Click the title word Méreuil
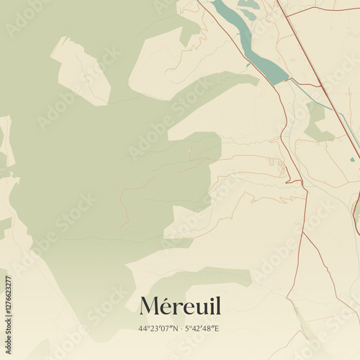pos(180,306)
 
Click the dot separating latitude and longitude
pos(180,329)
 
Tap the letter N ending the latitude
pos(173,329)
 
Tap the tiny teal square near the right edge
pos(352,159)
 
